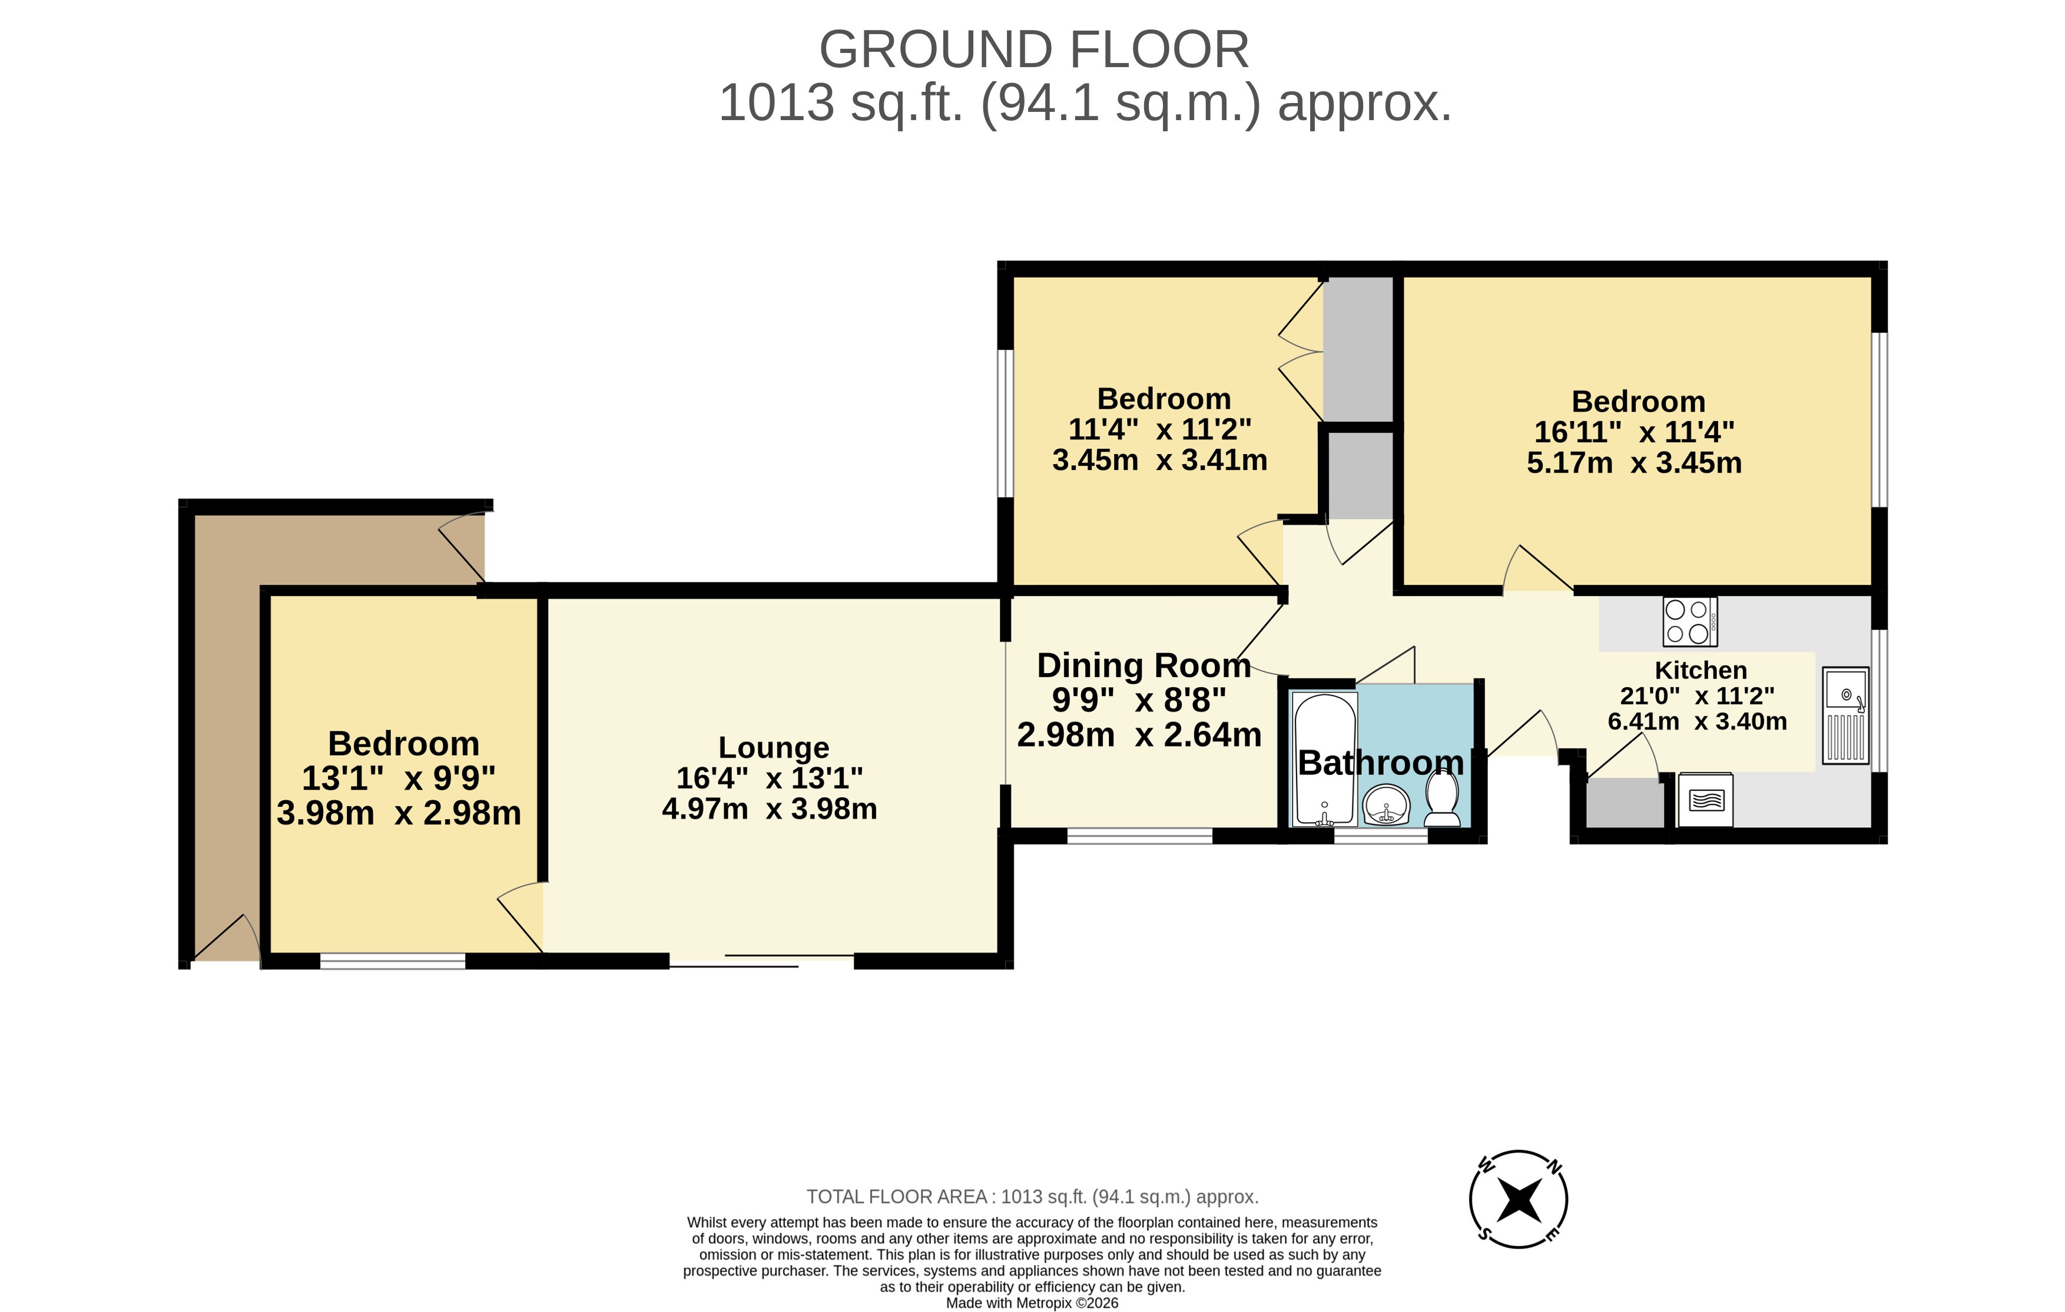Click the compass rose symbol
point(1518,1199)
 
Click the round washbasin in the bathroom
point(1386,805)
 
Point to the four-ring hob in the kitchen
point(1689,622)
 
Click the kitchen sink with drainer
point(1845,715)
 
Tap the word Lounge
point(774,748)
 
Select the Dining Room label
point(1143,665)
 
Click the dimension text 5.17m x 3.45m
point(1633,463)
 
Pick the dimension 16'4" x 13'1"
point(769,778)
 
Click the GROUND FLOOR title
point(1034,49)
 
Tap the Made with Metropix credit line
point(1032,1303)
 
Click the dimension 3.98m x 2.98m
point(399,813)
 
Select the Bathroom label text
point(1381,763)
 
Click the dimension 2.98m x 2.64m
point(1139,735)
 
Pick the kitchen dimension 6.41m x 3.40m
point(1697,721)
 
